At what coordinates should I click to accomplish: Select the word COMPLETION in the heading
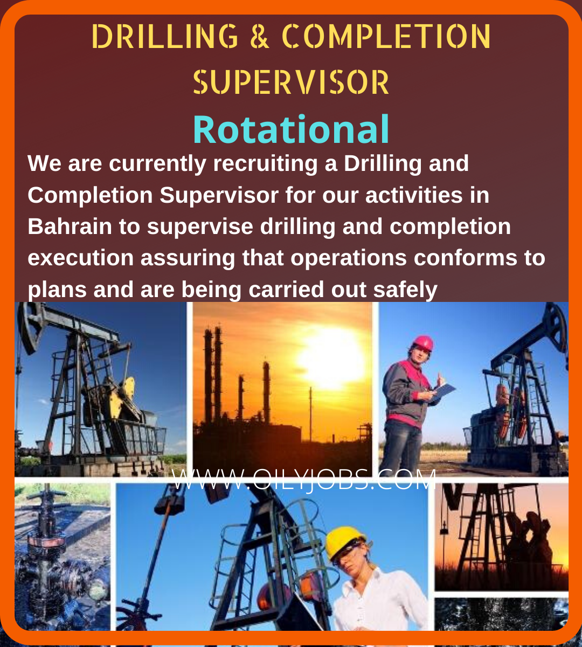386,37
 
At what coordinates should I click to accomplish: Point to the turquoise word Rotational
291,130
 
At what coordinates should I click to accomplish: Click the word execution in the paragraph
81,258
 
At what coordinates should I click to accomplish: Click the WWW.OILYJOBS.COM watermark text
303,479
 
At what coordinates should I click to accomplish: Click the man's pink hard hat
423,343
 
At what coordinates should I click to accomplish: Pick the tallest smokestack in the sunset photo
217,372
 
